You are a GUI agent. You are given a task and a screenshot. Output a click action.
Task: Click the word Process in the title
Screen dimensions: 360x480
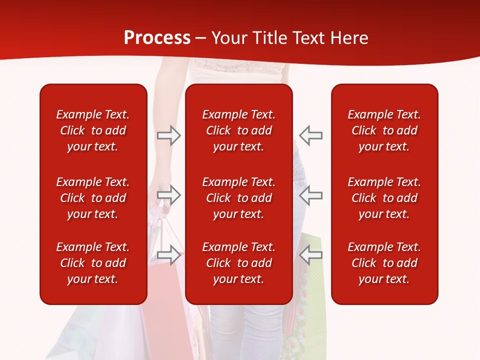(157, 38)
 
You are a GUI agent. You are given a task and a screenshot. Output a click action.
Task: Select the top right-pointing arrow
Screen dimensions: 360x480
(169, 135)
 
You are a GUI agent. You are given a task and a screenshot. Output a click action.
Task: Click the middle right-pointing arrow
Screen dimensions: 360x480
(169, 195)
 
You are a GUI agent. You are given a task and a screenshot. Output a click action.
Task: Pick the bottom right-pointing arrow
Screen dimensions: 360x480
(169, 255)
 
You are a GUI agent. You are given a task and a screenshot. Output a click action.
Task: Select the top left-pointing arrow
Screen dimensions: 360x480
(310, 135)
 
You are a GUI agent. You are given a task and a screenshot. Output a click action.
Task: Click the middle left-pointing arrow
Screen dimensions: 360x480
(310, 195)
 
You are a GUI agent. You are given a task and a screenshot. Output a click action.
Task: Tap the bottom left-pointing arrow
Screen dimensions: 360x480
(310, 255)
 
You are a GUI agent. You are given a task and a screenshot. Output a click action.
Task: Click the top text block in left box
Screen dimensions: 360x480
(93, 130)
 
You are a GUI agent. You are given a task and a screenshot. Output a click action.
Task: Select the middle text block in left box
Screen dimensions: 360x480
(93, 198)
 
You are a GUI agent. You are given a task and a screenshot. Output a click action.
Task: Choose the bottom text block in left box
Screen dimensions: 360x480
(93, 263)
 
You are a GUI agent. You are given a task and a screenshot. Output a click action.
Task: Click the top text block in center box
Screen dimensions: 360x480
(238, 130)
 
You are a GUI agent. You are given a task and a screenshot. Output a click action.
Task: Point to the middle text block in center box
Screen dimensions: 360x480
(238, 198)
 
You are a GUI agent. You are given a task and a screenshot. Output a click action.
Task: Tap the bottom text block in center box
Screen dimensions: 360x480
(238, 263)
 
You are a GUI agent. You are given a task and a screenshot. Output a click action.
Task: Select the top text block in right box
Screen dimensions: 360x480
(384, 130)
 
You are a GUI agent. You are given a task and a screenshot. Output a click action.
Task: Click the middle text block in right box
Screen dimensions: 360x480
(384, 198)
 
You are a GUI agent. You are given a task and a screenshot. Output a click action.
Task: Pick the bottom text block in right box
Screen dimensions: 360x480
(384, 263)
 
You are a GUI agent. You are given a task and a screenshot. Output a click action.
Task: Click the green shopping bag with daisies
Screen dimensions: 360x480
(310, 320)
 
